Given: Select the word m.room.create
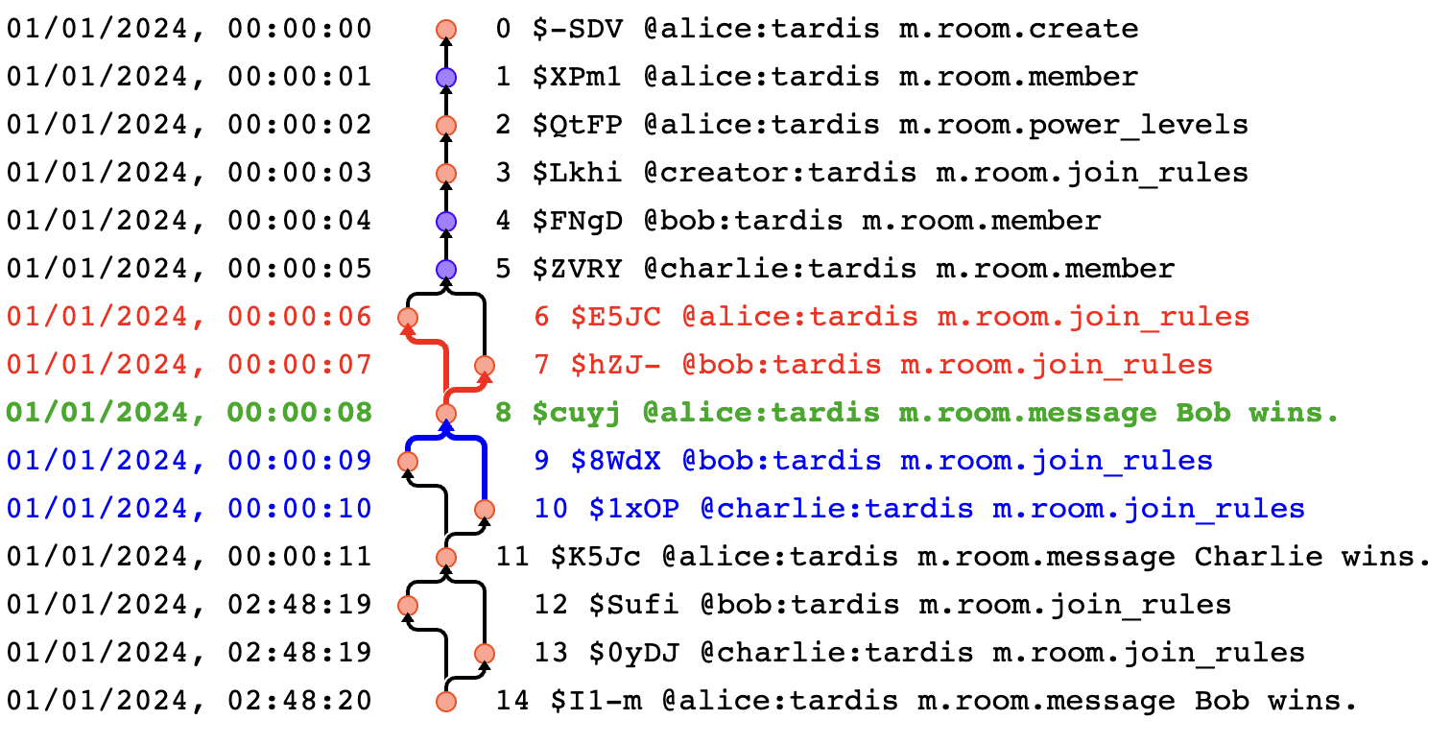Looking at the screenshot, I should pos(1018,29).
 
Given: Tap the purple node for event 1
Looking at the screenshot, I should pos(445,77).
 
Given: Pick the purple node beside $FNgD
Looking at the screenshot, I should pos(445,221).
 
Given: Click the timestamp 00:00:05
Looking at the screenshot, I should pos(299,269).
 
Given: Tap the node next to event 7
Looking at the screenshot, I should pos(484,365).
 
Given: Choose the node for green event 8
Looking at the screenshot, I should pos(445,413).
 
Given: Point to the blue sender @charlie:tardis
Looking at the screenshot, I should pos(836,509).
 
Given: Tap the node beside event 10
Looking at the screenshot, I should pos(484,509).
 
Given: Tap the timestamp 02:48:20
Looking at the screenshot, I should pos(299,701).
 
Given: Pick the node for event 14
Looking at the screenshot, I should pos(445,701).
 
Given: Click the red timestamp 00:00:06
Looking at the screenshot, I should pos(299,317).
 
